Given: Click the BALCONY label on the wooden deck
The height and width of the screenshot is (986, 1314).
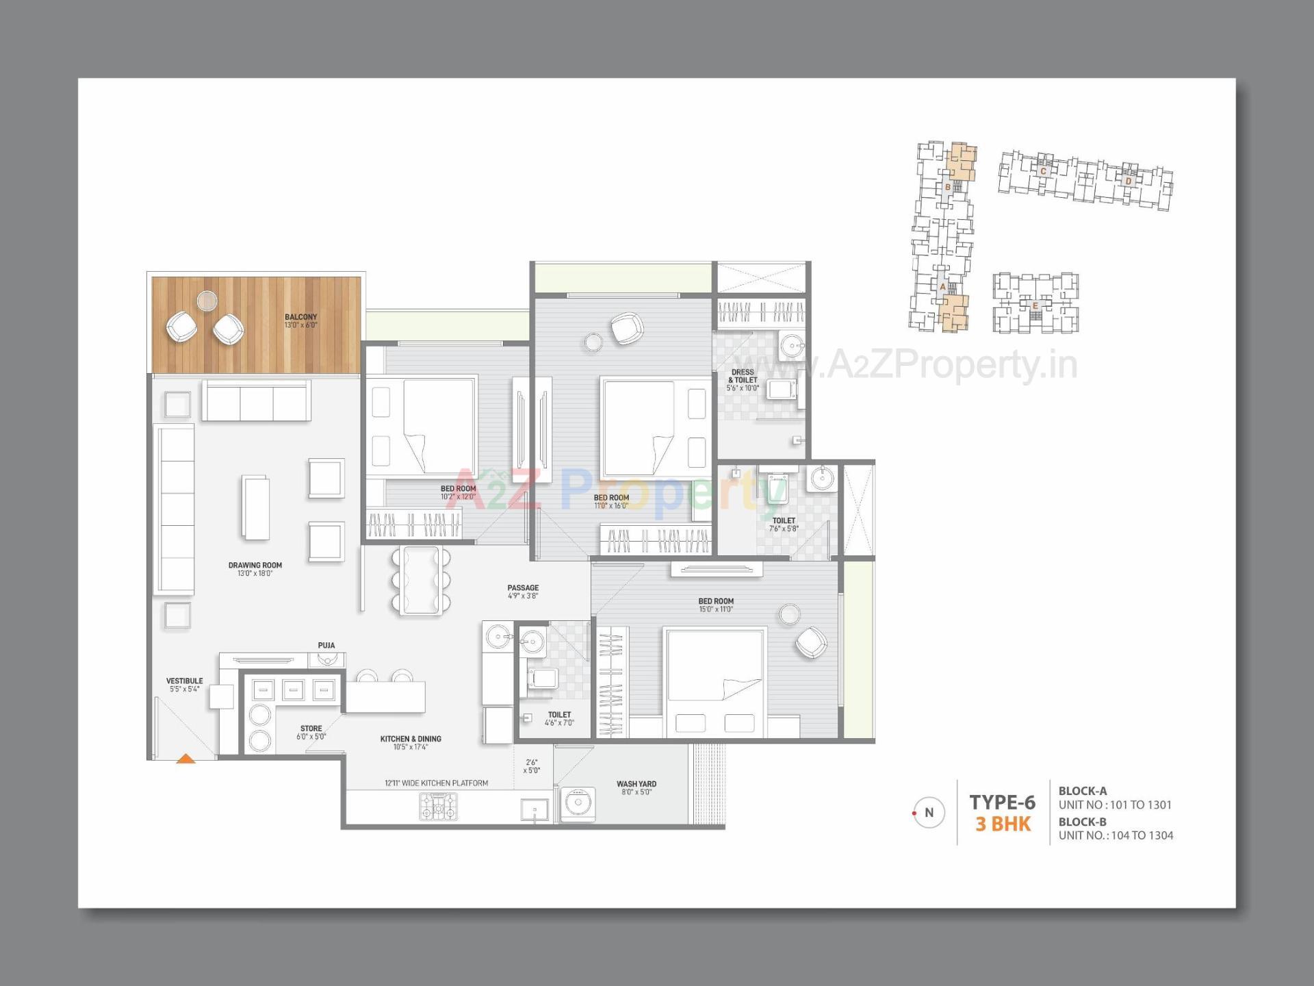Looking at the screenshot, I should coord(300,318).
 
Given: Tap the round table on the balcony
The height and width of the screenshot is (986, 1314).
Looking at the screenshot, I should coord(207,300).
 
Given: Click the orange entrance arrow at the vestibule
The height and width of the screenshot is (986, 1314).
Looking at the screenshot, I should coord(186,758).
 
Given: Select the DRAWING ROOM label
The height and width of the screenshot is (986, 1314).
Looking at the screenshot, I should coord(255,566).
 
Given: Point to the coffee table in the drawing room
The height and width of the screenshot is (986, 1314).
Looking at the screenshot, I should coord(255,507).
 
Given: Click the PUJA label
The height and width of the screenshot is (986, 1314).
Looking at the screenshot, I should coord(326,645).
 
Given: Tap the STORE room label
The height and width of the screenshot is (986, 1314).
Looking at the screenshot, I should coord(311,729).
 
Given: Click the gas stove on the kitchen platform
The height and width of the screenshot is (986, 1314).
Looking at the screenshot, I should coord(438,807).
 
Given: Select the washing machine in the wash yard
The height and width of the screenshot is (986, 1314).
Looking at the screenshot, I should coord(578,804).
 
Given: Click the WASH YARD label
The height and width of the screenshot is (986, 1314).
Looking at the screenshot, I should coord(636,784).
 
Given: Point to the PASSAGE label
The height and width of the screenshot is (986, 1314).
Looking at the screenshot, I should coord(523,587).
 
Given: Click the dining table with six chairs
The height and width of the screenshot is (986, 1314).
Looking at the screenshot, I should coord(421,579).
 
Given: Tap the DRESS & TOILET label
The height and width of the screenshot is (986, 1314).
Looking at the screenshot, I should coord(743,376).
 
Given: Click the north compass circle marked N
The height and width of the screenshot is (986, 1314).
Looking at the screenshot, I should coord(929,813).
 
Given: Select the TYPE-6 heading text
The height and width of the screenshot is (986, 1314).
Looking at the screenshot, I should coord(1002,802).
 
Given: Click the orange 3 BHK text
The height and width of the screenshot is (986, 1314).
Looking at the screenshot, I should coord(1003,824).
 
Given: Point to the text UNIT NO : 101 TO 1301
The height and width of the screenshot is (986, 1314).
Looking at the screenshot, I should coord(1115,805).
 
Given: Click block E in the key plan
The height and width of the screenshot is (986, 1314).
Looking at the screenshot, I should coord(1035,305).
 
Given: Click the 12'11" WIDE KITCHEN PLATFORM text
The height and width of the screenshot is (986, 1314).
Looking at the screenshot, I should coord(436,783).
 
